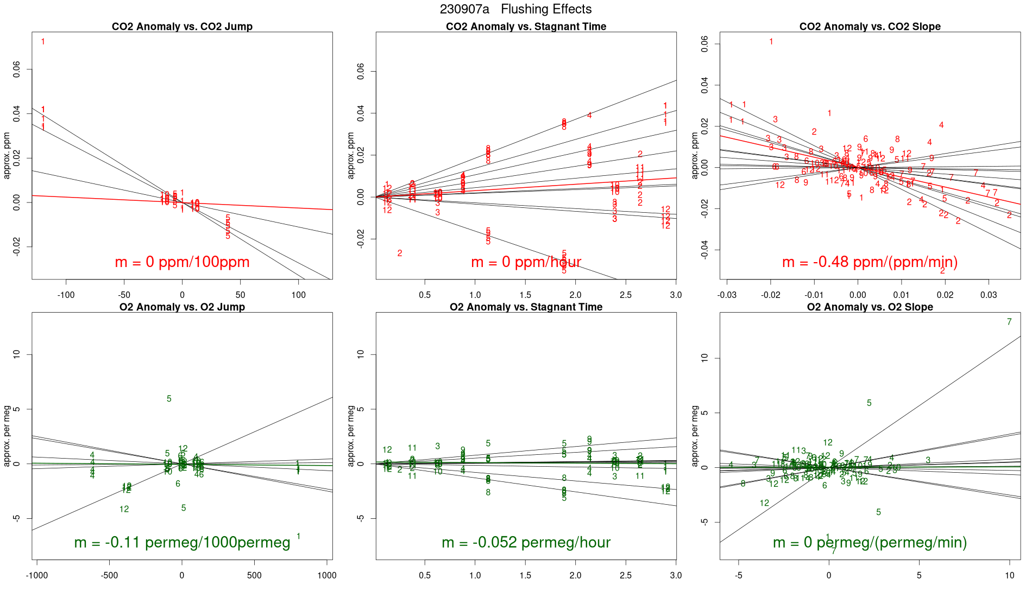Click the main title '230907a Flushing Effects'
(515, 9)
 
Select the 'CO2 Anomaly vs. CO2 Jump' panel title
(182, 27)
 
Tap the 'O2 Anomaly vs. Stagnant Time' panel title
(526, 307)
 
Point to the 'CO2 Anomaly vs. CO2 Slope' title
(870, 27)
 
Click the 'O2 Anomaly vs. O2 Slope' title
(870, 307)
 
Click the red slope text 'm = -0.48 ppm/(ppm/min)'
(870, 262)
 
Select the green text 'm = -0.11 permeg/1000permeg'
(182, 542)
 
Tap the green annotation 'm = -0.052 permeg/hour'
(526, 542)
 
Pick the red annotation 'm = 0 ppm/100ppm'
(182, 262)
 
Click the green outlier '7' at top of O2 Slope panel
(1009, 322)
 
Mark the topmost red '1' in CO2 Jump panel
(43, 42)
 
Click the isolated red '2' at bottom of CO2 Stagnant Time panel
(400, 253)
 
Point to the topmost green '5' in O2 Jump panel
(169, 399)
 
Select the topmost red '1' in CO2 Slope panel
(771, 42)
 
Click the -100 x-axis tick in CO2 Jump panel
(66, 295)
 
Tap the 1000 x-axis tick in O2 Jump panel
(327, 575)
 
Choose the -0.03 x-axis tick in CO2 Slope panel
(727, 295)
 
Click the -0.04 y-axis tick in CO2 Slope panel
(705, 250)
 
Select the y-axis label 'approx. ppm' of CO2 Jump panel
(7, 156)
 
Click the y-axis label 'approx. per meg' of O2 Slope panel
(695, 436)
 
